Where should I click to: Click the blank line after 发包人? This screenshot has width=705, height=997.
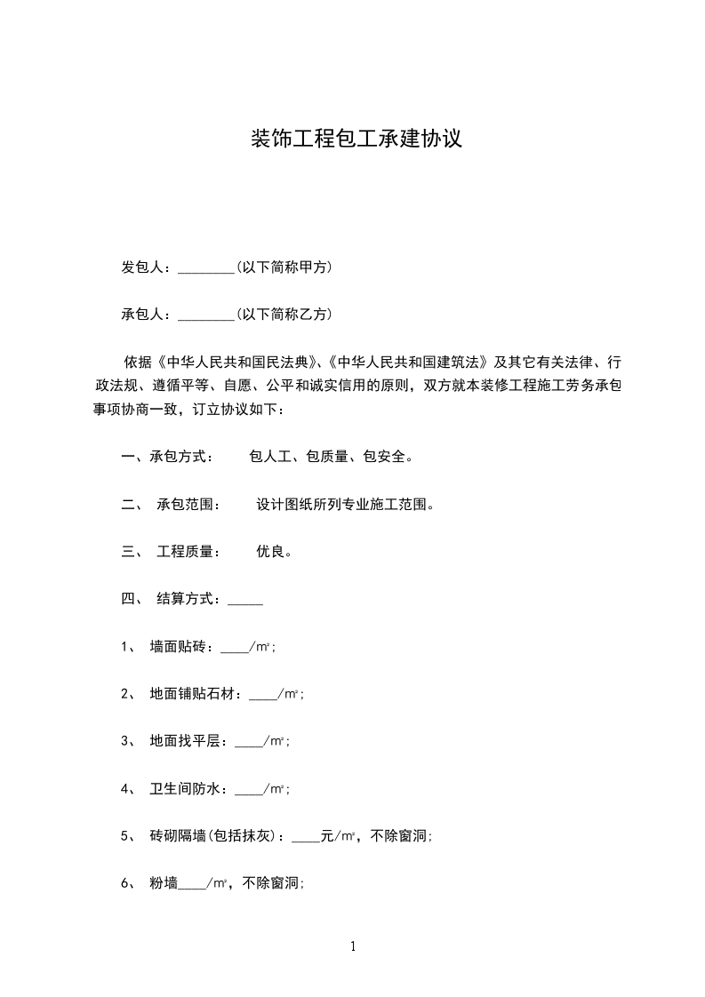(x=205, y=268)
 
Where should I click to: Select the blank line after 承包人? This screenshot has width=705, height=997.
(x=205, y=315)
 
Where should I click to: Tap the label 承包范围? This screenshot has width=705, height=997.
(x=185, y=504)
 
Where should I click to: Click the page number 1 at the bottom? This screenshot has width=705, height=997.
(x=353, y=946)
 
